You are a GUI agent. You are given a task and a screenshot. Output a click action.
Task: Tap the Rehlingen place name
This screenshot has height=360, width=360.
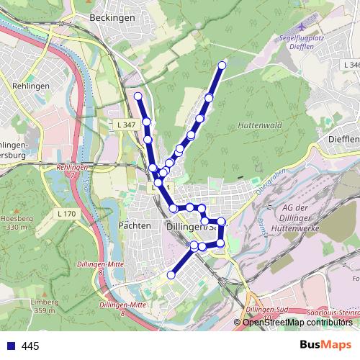[30, 85]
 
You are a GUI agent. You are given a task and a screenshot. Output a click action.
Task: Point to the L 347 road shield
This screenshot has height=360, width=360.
[125, 125]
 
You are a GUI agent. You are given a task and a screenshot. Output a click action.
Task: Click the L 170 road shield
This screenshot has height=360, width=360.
[66, 214]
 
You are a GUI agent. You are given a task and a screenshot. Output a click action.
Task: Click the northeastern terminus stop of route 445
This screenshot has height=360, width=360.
[222, 66]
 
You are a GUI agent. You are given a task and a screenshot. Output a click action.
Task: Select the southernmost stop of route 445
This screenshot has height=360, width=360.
[171, 274]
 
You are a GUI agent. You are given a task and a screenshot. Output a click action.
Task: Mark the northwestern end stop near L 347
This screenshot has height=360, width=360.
[138, 96]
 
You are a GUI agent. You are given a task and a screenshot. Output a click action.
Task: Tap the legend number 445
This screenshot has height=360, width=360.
[30, 346]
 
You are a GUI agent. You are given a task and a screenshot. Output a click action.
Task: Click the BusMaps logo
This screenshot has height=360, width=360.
[325, 345]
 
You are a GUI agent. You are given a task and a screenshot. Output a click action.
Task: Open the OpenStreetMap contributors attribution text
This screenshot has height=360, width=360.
[297, 322]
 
